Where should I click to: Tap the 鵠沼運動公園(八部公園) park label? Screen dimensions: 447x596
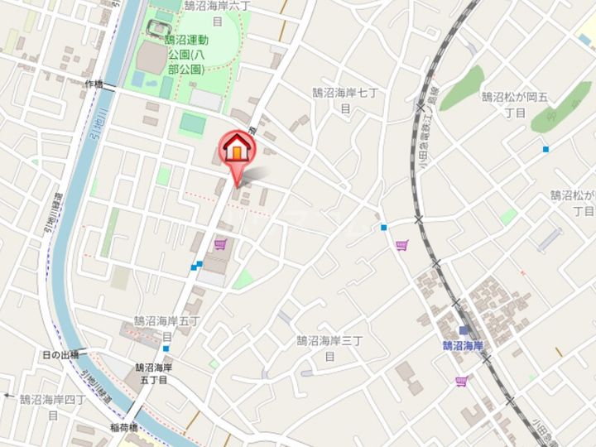point(185,54)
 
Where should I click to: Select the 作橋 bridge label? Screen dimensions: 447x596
point(93,84)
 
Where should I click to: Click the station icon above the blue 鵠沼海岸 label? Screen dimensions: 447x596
point(463,330)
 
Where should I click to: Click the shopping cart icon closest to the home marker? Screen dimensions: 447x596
point(220,245)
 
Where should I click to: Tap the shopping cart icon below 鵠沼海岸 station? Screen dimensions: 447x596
point(460,381)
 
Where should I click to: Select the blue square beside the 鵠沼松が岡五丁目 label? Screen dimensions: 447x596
point(546,149)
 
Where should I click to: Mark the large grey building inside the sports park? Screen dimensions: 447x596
point(151,58)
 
